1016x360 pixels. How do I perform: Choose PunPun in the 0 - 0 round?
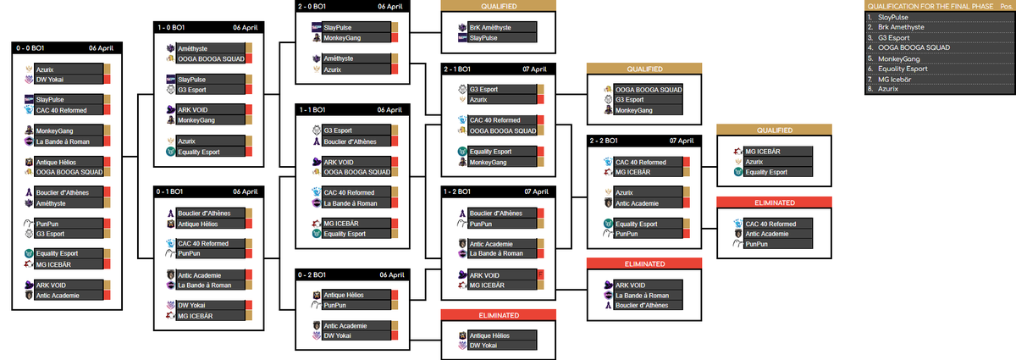pos(47,224)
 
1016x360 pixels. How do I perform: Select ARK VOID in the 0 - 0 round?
pos(52,285)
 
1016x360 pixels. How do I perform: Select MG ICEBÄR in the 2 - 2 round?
pos(634,172)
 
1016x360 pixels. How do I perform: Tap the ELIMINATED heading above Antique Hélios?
pos(497,315)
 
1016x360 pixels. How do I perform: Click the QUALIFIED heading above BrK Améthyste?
pos(497,6)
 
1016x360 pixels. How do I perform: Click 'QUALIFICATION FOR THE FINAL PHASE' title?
pos(928,7)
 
